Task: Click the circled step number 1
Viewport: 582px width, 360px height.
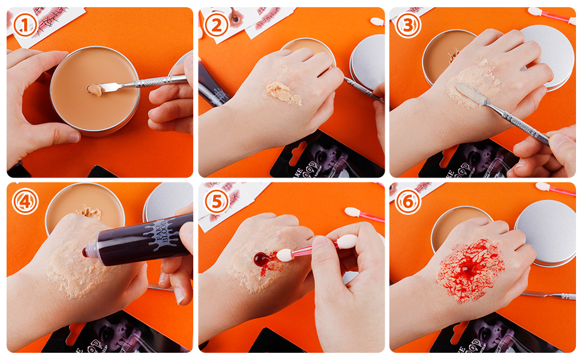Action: pos(25,25)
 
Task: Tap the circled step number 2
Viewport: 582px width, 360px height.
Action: pos(216,25)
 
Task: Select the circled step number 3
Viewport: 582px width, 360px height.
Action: pos(408,25)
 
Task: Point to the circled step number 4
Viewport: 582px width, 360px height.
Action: pos(25,202)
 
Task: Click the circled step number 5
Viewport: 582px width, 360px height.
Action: pos(216,202)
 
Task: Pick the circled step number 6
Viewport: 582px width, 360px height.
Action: pos(408,202)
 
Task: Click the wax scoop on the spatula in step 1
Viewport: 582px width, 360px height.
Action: pos(94,90)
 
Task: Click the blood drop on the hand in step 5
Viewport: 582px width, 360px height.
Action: pos(262,259)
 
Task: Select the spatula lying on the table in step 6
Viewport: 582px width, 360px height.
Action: pos(549,295)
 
